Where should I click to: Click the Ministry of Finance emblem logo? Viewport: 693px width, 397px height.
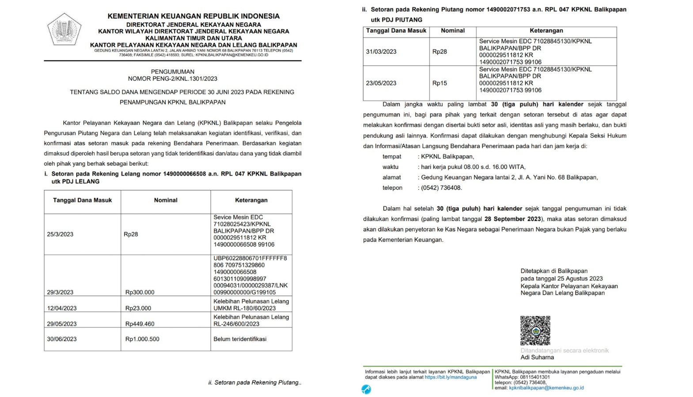click(64, 30)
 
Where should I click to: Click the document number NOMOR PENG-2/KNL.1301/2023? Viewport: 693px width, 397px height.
click(173, 79)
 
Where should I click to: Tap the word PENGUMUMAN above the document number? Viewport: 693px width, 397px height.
click(173, 71)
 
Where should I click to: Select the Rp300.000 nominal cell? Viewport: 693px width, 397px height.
click(140, 292)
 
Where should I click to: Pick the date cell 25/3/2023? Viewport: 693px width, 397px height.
click(60, 234)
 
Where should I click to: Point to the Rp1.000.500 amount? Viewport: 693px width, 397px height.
click(142, 339)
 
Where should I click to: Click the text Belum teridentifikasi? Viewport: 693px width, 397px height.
click(240, 339)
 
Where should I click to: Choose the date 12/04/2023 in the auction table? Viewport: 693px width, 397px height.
click(62, 308)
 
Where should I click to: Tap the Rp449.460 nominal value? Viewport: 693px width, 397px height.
click(140, 324)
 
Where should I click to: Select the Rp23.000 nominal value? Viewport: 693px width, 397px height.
click(138, 308)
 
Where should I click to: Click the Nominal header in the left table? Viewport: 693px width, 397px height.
click(166, 200)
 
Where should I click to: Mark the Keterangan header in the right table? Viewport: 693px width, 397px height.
click(546, 31)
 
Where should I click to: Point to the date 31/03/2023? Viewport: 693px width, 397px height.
click(381, 52)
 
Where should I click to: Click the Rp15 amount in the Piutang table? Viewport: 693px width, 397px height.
click(439, 83)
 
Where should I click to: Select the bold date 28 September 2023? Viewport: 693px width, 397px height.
click(512, 219)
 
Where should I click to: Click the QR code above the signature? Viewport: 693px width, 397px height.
click(535, 330)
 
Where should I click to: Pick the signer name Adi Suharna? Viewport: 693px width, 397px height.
click(537, 357)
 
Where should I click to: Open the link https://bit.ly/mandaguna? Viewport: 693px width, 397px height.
click(451, 377)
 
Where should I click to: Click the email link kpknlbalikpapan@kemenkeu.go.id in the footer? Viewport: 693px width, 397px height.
click(546, 388)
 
